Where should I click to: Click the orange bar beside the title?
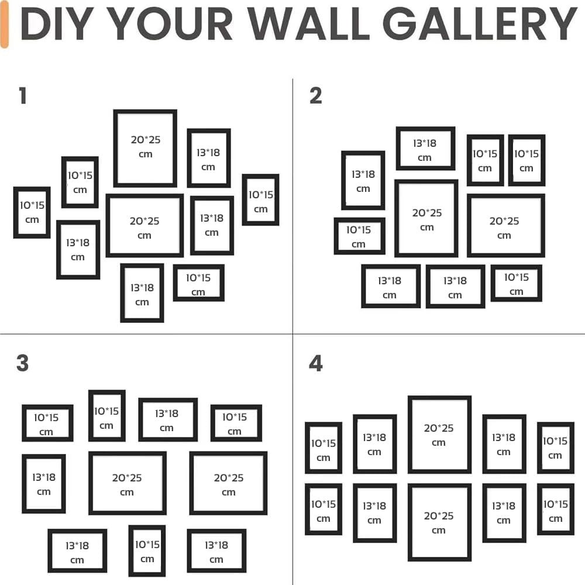coord(5,25)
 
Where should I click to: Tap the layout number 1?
coord(23,96)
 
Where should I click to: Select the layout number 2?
coord(316,96)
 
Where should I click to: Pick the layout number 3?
coord(23,363)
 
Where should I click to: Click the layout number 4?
coord(316,363)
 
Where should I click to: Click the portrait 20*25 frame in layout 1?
coord(145,148)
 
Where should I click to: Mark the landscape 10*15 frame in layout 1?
coord(198,283)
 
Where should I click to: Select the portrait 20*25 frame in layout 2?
coord(426,218)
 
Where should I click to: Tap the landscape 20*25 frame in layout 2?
coord(505,226)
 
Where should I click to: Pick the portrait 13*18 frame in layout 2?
coord(363,180)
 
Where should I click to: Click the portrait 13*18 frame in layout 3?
coord(44,484)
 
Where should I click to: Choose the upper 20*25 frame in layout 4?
coord(439,435)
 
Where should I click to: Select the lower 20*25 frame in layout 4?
coord(439,522)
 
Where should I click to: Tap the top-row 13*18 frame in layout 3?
coord(167,419)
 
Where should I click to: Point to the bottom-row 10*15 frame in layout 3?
coord(147,551)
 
